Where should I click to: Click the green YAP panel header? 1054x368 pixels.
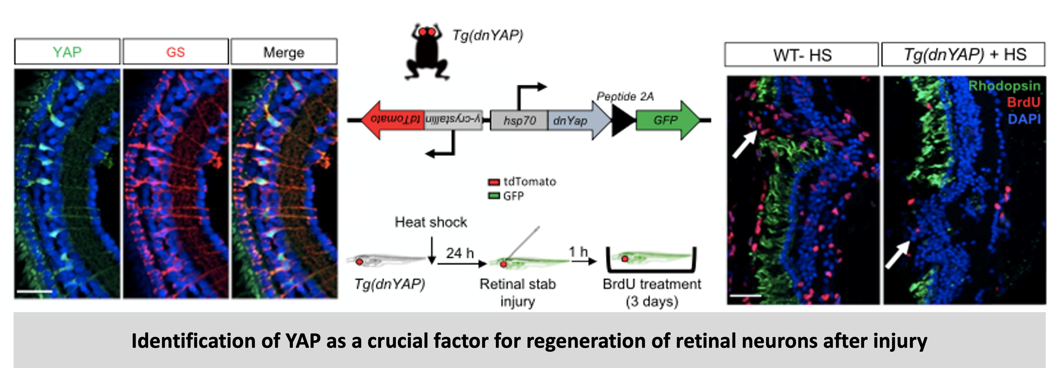[67, 52]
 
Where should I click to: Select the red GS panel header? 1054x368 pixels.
[175, 52]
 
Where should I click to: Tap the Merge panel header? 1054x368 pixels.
[284, 52]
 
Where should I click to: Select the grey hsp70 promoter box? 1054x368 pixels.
[519, 120]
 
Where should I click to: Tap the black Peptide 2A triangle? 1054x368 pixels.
[623, 120]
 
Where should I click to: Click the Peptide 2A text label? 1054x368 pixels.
[625, 97]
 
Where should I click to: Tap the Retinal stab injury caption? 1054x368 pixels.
[518, 292]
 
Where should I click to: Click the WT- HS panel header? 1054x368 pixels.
[802, 55]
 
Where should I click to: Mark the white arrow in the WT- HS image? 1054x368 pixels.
[744, 144]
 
